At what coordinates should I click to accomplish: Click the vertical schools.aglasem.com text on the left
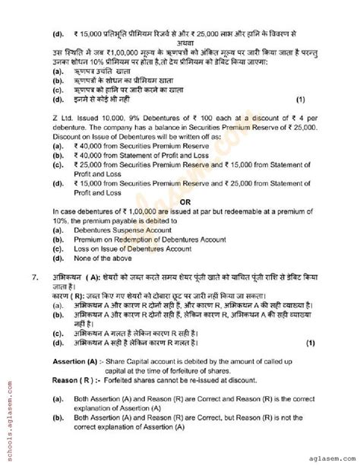pos(8,415)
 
